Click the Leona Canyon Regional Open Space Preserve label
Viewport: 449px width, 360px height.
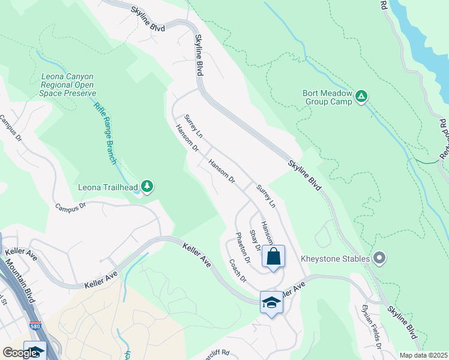(68, 85)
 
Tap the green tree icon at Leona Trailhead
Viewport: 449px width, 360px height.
(147, 187)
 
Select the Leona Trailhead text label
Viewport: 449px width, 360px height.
(108, 187)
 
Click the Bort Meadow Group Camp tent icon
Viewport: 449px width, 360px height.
(361, 97)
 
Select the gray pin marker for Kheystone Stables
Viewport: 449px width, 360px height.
(379, 259)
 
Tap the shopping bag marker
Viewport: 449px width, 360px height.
(273, 257)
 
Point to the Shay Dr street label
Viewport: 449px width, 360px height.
(255, 240)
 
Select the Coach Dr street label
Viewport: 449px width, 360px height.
(238, 271)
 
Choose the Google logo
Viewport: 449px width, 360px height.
(20, 353)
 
